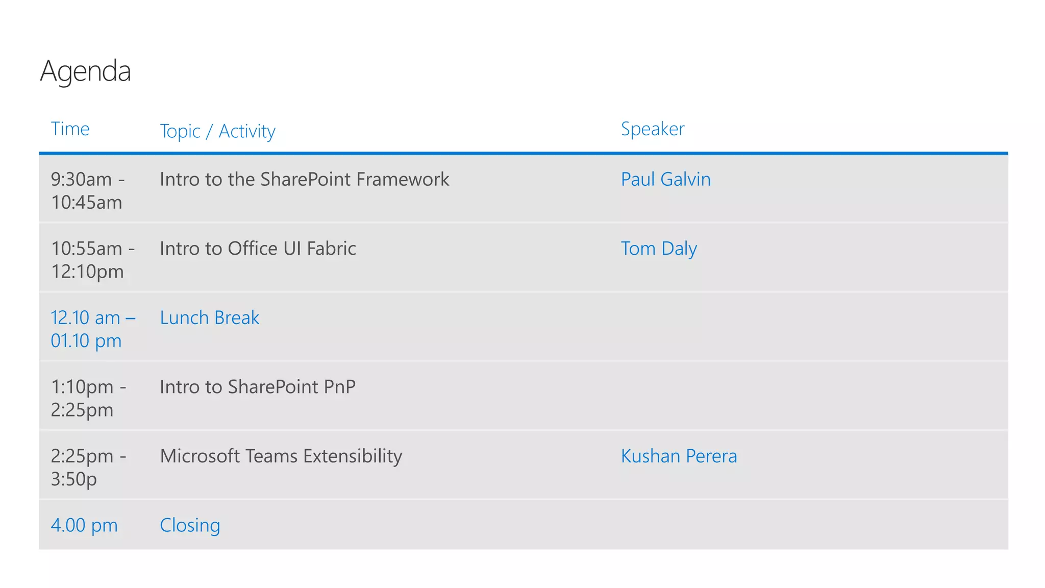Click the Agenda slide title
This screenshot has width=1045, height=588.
[x=86, y=71]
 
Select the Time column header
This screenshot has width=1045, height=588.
[x=70, y=129]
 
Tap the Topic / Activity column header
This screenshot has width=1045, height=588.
[x=217, y=131]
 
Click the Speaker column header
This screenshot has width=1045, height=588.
[x=652, y=129]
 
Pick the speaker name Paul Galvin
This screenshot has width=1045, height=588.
[x=665, y=180]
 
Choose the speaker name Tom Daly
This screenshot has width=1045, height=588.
[x=658, y=249]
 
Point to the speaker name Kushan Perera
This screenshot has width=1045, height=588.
[x=679, y=456]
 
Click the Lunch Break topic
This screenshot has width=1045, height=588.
[x=209, y=318]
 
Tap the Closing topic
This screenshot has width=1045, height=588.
[x=190, y=525]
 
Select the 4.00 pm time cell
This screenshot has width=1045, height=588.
[x=84, y=525]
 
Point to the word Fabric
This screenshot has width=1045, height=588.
[x=331, y=249]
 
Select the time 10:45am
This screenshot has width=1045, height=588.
[x=86, y=203]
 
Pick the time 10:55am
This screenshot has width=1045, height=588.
[x=87, y=249]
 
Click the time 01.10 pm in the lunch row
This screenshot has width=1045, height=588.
[x=86, y=341]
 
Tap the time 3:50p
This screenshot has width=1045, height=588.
[x=73, y=479]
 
